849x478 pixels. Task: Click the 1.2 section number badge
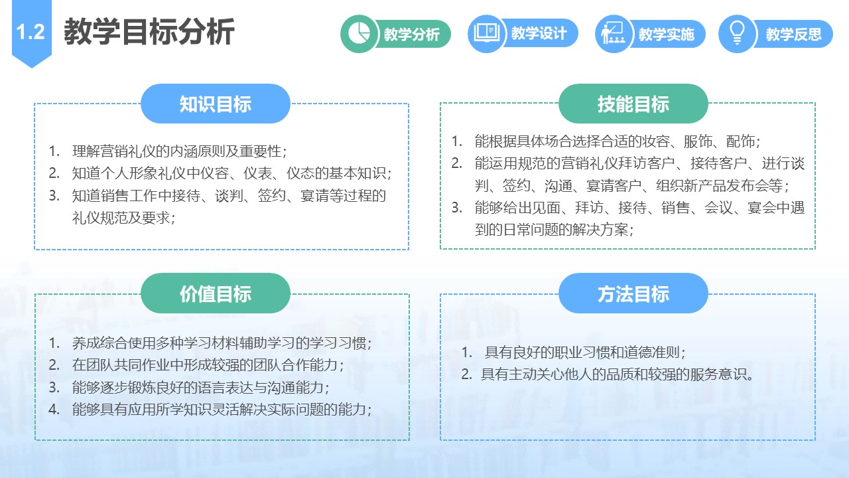31,33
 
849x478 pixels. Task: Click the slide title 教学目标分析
149,32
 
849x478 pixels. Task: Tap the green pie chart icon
359,33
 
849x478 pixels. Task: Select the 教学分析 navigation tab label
412,34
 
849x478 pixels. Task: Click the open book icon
486,33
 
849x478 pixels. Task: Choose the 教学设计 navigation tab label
539,33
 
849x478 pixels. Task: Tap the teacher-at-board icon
614,33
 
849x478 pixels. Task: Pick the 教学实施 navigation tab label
667,34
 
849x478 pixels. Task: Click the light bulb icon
737,33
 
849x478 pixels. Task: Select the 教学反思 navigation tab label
794,34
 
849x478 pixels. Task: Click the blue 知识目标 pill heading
216,104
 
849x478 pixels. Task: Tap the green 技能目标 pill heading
633,104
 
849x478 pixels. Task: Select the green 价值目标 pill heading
216,293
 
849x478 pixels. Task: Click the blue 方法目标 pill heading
633,293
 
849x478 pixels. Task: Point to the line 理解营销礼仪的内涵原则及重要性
179,151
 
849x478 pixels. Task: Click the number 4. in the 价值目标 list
54,410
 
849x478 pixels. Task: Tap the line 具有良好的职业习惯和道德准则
585,353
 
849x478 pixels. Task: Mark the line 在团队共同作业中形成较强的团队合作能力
208,365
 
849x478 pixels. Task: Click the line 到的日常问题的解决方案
554,230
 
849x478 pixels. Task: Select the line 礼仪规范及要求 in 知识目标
123,218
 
